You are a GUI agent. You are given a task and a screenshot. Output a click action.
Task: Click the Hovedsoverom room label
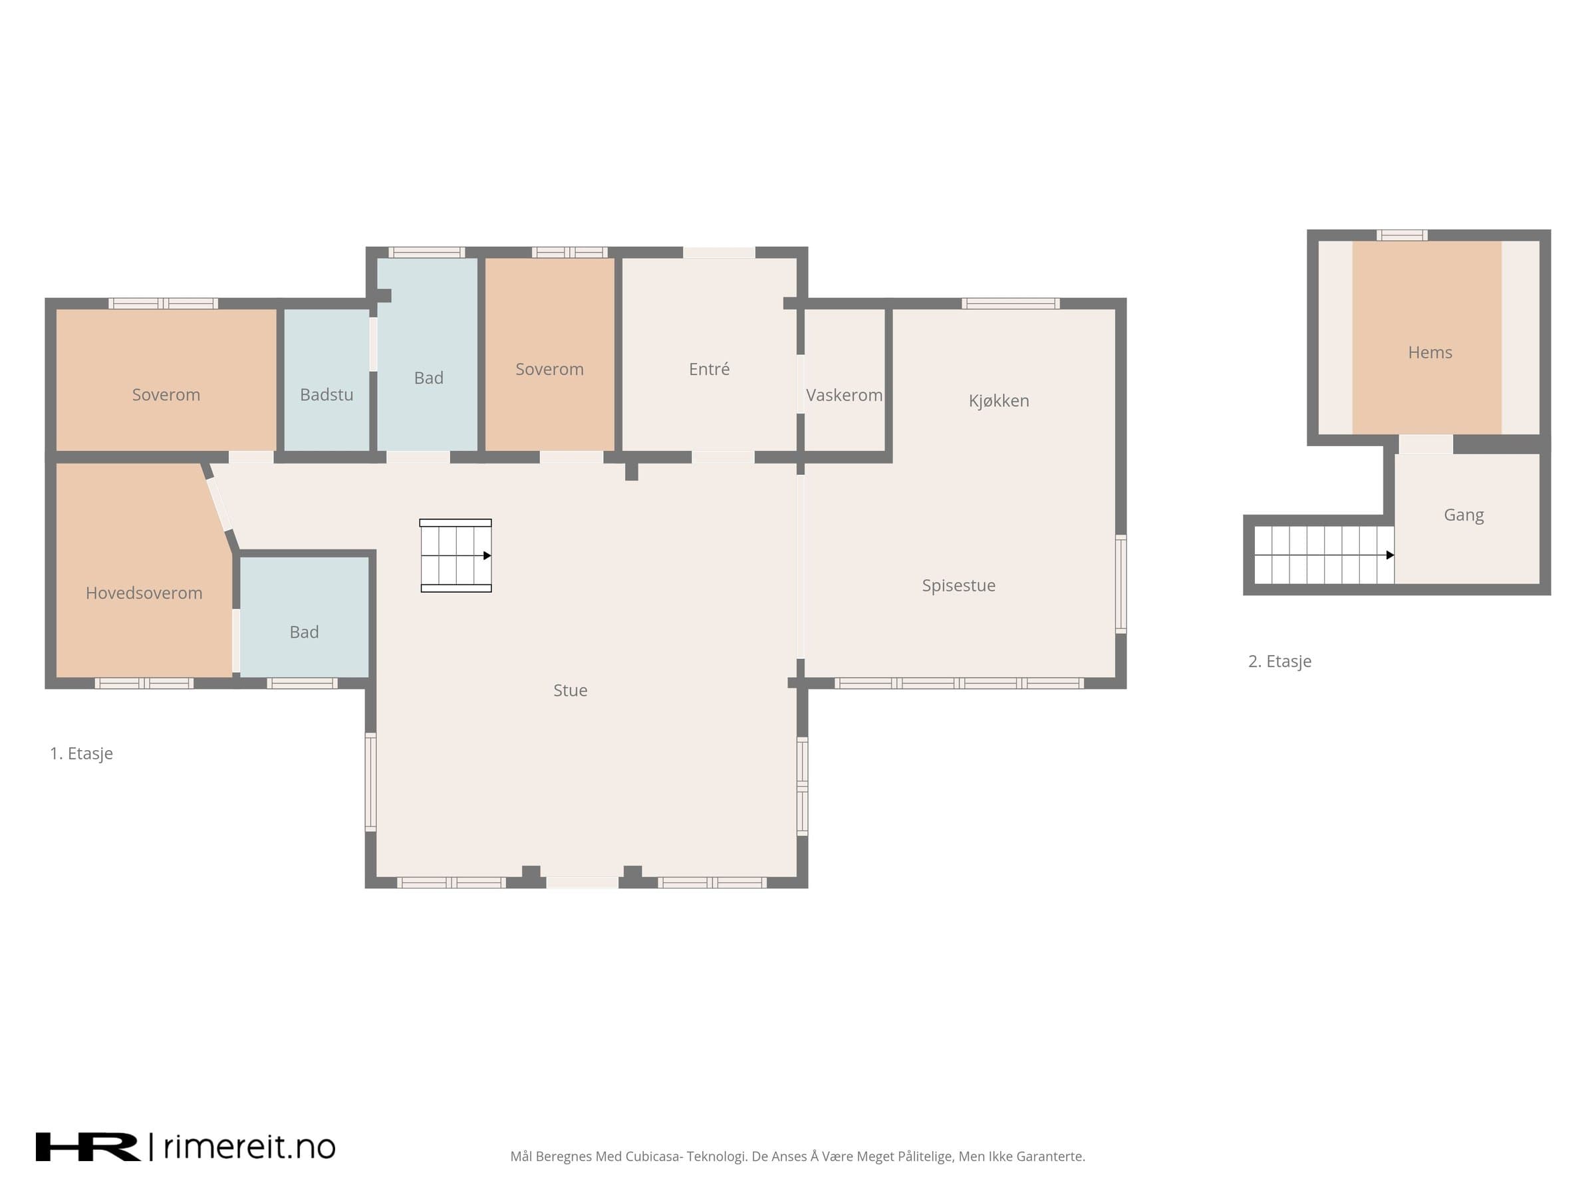pyautogui.click(x=144, y=593)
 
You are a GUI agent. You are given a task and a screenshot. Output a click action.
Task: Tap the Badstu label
pyautogui.click(x=327, y=394)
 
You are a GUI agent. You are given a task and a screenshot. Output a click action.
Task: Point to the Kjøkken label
pyautogui.click(x=999, y=400)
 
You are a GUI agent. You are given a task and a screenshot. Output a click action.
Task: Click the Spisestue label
pyautogui.click(x=958, y=585)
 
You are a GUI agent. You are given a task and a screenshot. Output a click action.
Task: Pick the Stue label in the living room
pyautogui.click(x=570, y=690)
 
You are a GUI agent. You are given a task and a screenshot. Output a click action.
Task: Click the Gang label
pyautogui.click(x=1463, y=515)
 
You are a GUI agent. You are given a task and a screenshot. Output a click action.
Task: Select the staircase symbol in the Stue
pyautogui.click(x=456, y=555)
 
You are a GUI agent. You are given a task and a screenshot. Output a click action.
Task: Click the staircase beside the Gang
pyautogui.click(x=1324, y=555)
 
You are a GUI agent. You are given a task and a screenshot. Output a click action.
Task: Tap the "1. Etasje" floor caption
pyautogui.click(x=82, y=753)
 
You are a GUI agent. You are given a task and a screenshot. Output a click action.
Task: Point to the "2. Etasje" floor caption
pyautogui.click(x=1279, y=661)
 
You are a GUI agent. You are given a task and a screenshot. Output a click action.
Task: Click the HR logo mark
pyautogui.click(x=88, y=1146)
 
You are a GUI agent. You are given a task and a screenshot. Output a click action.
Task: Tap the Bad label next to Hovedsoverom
pyautogui.click(x=304, y=632)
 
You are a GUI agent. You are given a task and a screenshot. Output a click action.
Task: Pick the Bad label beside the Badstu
pyautogui.click(x=428, y=378)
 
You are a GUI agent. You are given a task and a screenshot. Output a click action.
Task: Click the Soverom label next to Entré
pyautogui.click(x=549, y=370)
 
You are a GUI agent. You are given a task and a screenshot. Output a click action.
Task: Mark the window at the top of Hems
pyautogui.click(x=1401, y=235)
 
